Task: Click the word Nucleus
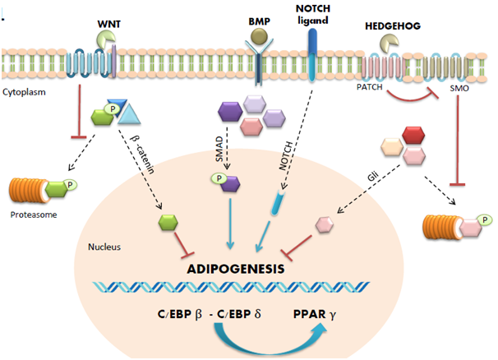(103, 245)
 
